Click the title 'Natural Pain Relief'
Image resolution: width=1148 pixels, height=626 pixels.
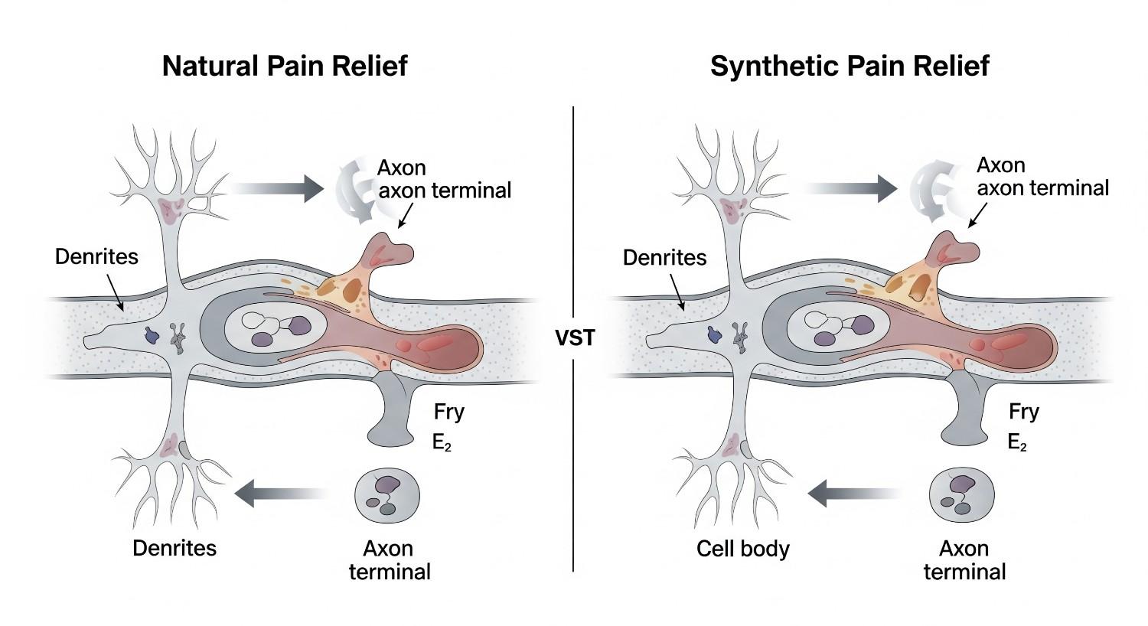285,66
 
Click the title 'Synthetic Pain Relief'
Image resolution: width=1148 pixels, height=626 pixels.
850,66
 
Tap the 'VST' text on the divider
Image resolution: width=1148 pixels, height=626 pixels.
574,337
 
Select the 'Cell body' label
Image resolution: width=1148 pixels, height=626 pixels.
742,549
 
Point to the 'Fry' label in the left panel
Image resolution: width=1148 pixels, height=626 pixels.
448,412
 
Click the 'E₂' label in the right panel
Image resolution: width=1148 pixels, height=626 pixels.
1017,442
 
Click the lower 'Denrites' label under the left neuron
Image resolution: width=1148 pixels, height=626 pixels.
174,548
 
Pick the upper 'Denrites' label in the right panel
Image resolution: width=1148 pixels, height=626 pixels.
664,257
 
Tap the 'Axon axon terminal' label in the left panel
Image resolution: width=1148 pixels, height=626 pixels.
444,179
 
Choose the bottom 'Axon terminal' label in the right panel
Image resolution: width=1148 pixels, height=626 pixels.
964,560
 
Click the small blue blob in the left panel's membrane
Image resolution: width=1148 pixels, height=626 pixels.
152,334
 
